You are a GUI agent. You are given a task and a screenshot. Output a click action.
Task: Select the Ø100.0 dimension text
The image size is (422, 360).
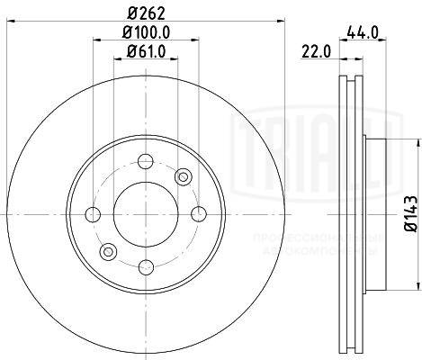click(x=146, y=34)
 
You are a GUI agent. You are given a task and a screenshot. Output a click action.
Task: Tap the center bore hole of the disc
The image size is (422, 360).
click(x=145, y=214)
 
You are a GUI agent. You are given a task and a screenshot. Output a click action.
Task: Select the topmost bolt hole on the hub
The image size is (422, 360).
click(x=145, y=162)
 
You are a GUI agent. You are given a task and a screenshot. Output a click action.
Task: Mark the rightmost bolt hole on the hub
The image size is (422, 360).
click(x=197, y=214)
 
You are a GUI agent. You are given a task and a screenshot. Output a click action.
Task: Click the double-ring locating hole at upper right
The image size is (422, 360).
click(x=183, y=176)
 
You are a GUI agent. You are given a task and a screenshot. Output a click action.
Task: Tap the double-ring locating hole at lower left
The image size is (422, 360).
click(x=107, y=252)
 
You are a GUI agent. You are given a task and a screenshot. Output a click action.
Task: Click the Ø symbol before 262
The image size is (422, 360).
click(x=133, y=13)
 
